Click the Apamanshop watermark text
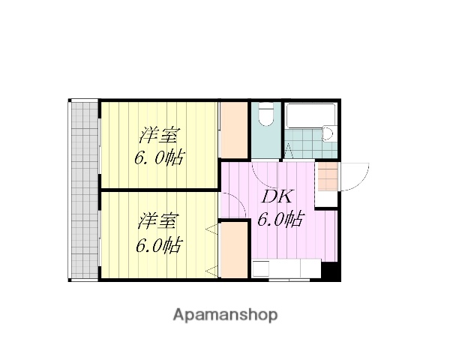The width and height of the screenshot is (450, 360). click(x=225, y=314)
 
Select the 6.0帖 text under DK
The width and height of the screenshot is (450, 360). click(x=280, y=220)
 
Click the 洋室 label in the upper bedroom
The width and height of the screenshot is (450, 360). click(x=159, y=137)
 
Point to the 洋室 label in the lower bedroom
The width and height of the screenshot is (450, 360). click(x=158, y=223)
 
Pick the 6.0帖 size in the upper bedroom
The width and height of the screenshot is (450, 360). click(x=159, y=158)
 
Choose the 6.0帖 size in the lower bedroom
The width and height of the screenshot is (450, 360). click(x=158, y=244)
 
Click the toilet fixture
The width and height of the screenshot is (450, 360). click(x=264, y=116)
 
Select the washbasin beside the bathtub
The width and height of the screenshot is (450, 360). click(x=328, y=135)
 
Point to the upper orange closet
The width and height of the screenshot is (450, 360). click(x=234, y=129)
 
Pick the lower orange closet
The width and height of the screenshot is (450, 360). click(x=234, y=250)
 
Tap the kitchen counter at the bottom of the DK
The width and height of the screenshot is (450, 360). click(x=286, y=268)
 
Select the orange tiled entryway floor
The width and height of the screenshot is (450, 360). click(x=327, y=180)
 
